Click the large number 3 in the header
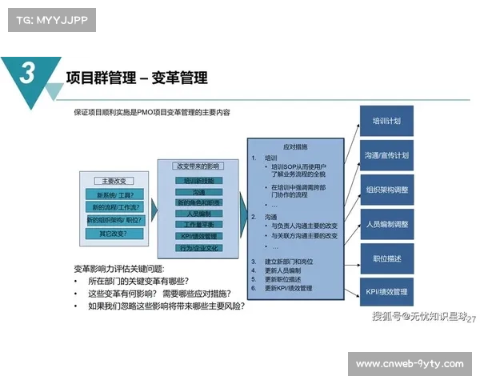[x=26, y=74]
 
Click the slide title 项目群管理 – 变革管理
[x=136, y=78]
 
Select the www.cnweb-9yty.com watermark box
[x=409, y=364]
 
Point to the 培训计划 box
[x=386, y=122]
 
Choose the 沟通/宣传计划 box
[x=386, y=155]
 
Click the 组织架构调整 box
[x=386, y=190]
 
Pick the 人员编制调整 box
[x=386, y=224]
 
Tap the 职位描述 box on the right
[x=386, y=258]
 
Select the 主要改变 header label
[x=114, y=181]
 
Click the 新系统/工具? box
[x=114, y=194]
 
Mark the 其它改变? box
[x=114, y=234]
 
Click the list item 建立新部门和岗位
[x=291, y=262]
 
